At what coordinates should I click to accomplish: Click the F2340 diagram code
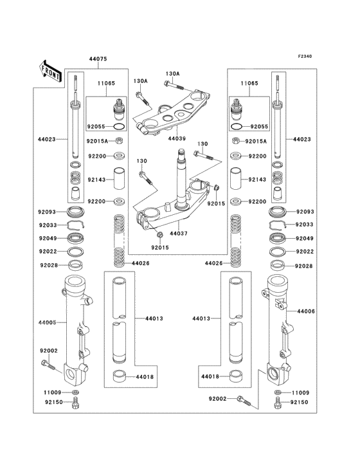[305, 56]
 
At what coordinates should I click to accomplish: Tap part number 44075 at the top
[98, 59]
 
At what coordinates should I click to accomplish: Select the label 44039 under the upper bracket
[177, 139]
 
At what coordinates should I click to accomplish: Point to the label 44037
[179, 234]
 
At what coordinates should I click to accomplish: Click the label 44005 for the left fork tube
[47, 322]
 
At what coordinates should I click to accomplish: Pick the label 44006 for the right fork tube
[306, 311]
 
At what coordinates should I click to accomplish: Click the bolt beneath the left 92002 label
[48, 365]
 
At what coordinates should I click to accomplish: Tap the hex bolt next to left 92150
[75, 403]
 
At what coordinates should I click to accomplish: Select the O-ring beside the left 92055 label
[119, 127]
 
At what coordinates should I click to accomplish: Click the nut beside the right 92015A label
[236, 140]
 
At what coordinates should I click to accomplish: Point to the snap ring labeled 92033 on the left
[75, 225]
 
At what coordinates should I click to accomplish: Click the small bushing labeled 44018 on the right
[236, 376]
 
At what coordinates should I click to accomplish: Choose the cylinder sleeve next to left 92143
[119, 178]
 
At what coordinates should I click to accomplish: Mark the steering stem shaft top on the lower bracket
[181, 151]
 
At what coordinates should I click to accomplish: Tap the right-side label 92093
[305, 212]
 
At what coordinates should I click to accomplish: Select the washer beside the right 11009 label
[278, 392]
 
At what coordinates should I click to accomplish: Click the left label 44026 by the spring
[140, 263]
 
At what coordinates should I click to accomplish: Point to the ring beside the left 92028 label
[76, 266]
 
